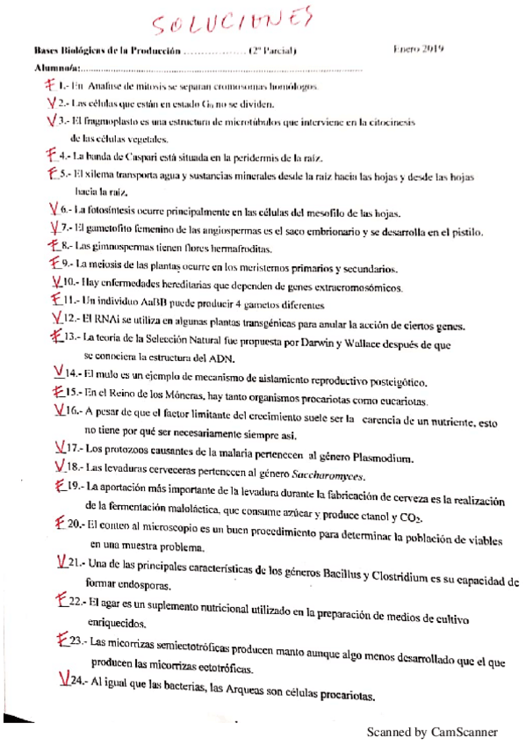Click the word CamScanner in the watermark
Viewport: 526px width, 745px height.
[465, 732]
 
